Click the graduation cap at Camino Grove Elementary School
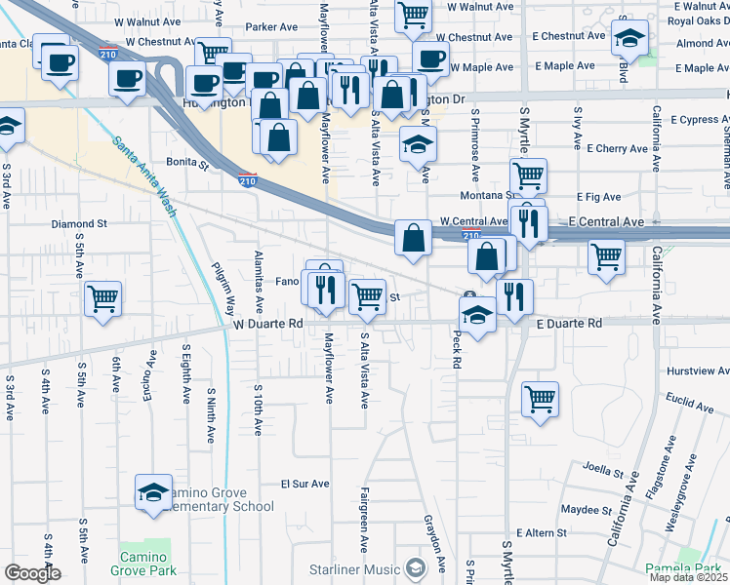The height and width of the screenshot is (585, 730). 153,492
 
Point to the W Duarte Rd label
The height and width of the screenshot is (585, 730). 268,323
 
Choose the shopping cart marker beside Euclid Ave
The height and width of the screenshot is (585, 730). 540,398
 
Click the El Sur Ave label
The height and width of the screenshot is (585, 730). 305,483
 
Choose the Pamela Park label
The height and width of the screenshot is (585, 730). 689,567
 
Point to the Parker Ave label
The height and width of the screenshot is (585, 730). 270,27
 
